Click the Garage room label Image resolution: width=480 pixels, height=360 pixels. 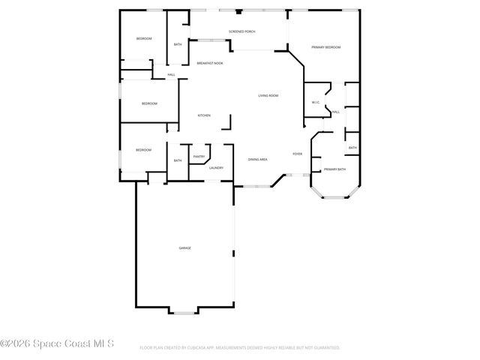[184, 247]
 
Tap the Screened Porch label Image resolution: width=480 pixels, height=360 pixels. [242, 31]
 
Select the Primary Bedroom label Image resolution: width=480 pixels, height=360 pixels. [326, 47]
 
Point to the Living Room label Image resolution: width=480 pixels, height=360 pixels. [268, 95]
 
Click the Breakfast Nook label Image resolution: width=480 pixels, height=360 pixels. [210, 63]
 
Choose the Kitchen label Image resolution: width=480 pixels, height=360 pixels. [204, 115]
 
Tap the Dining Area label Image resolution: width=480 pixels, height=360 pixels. [258, 160]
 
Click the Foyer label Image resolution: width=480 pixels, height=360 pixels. [298, 154]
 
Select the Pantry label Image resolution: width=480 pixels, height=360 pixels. [199, 156]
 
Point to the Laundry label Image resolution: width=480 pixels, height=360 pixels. [216, 168]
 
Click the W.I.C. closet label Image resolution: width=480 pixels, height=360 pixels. [316, 103]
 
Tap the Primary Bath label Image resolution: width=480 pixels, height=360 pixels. [334, 169]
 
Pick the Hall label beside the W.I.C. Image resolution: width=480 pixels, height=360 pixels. [336, 112]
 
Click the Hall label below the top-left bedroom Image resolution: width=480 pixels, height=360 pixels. [172, 74]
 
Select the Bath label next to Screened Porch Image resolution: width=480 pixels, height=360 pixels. [178, 44]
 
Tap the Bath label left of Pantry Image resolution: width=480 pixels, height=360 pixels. [178, 160]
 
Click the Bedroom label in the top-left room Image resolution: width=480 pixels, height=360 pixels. [144, 38]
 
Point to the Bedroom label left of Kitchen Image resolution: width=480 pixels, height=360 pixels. [150, 103]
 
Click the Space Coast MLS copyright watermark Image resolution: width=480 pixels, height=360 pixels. [57, 344]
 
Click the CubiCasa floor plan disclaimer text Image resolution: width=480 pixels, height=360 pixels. [240, 348]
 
